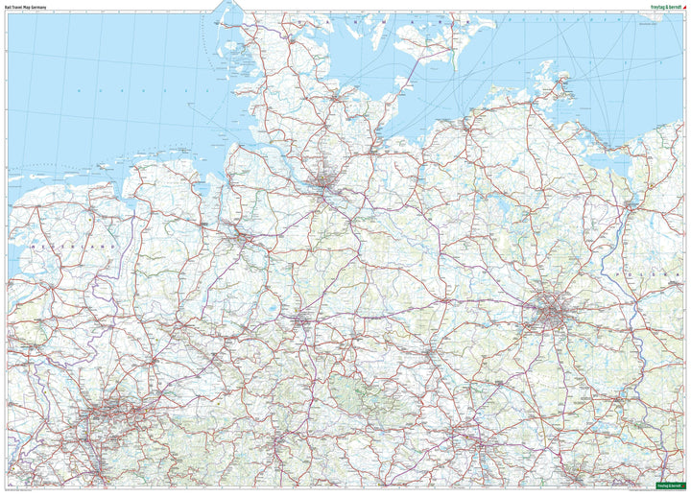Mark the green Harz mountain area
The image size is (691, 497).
360,390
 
